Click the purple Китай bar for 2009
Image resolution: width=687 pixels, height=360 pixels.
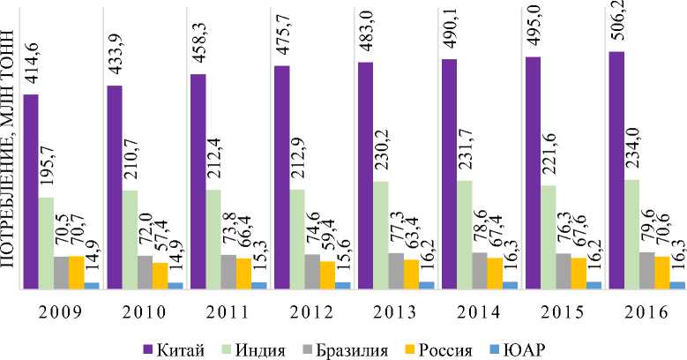click(31, 191)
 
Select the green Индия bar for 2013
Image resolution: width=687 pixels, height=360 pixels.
click(381, 234)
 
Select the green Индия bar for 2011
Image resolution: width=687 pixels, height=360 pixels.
click(213, 238)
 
